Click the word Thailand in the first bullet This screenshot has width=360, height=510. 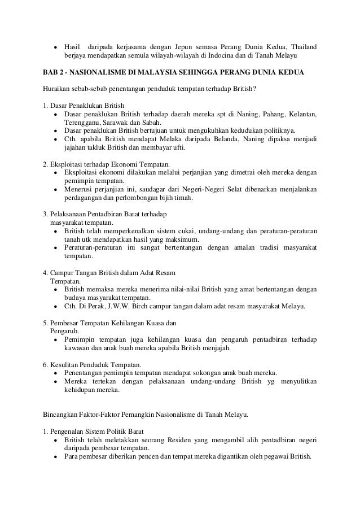click(301, 46)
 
